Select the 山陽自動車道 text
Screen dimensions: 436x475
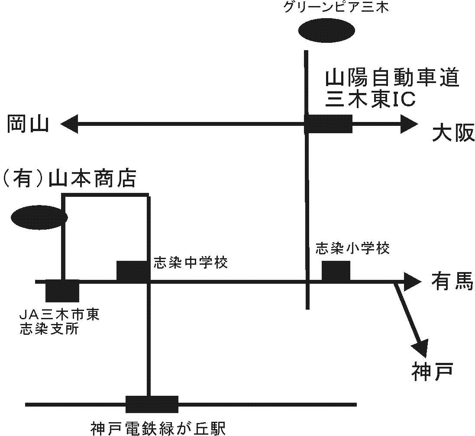click(x=392, y=79)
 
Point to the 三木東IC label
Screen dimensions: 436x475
click(x=370, y=99)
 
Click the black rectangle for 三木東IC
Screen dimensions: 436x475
click(x=329, y=124)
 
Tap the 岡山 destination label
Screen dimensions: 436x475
click(x=27, y=125)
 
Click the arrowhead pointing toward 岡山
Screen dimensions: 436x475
click(x=69, y=125)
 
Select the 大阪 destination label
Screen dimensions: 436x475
click(x=453, y=134)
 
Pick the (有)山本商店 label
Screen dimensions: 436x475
click(x=69, y=179)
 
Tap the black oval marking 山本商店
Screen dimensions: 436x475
click(x=39, y=218)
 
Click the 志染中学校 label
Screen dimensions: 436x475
click(x=190, y=263)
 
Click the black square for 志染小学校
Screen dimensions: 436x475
click(x=336, y=271)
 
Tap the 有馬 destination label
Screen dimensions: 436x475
click(x=452, y=282)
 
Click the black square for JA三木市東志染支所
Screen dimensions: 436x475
click(x=62, y=291)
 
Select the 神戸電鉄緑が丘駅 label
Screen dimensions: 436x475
click(x=158, y=428)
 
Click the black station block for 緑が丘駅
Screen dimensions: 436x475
click(x=152, y=404)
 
